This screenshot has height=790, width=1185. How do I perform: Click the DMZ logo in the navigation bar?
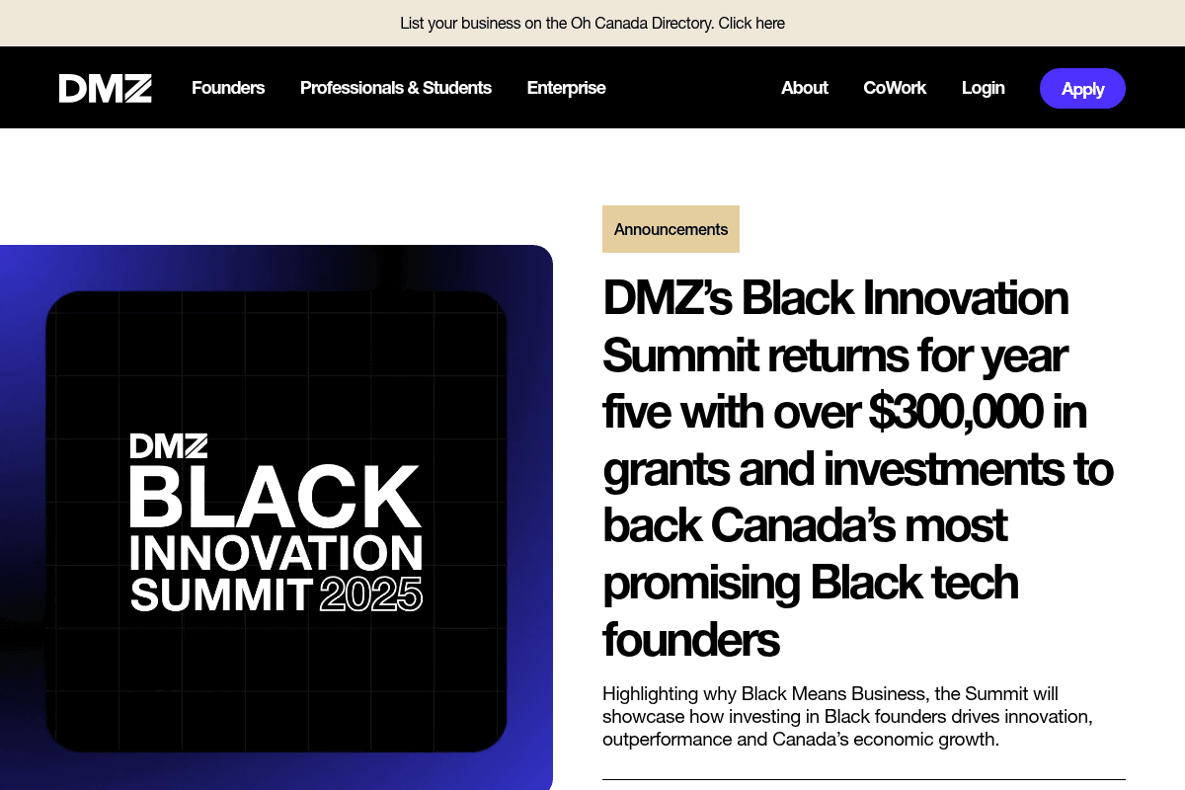pos(105,88)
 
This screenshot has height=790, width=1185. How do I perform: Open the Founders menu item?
pos(228,88)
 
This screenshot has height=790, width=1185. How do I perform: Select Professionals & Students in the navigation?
pos(395,88)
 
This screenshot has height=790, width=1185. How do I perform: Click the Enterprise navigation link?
pos(566,88)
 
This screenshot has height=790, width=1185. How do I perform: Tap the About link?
pos(804,88)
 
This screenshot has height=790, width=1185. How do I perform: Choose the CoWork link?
pos(895,88)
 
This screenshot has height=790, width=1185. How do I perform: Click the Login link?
pos(983,88)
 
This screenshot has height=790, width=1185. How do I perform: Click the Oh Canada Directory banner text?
pos(592,23)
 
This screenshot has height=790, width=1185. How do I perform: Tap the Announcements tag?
pos(671,229)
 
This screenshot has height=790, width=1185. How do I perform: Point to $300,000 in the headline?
pos(955,412)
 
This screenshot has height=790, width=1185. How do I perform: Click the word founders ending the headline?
pos(691,640)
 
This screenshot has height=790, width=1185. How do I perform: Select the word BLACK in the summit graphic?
pos(276,497)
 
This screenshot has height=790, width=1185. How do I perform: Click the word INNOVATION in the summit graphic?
pos(276,554)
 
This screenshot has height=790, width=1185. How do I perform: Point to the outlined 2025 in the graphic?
pos(371,594)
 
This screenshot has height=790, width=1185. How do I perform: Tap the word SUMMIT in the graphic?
pos(221,594)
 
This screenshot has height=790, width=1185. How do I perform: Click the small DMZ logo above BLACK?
pos(169,446)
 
